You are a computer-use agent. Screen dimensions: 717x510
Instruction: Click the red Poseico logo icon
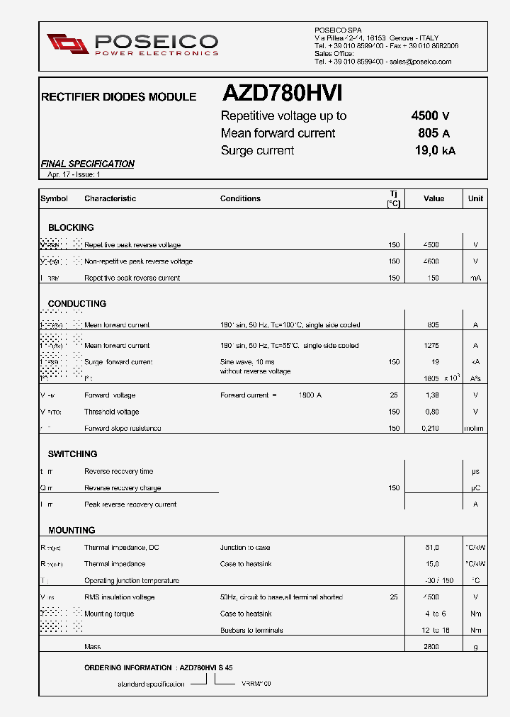[67, 44]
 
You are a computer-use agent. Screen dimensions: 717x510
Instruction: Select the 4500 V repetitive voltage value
[430, 116]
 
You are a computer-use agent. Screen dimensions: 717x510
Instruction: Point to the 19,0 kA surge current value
[434, 150]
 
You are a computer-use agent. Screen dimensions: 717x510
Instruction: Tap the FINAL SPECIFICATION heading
[88, 164]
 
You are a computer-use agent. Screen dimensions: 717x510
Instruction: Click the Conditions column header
[240, 198]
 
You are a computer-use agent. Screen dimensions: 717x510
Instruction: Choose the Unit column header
[475, 198]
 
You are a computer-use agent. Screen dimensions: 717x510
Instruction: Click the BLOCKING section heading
[71, 227]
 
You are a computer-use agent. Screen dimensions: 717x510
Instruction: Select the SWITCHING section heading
[72, 453]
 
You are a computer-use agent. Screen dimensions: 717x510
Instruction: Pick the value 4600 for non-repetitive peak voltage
[431, 261]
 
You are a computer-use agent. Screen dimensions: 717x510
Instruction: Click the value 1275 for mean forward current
[431, 346]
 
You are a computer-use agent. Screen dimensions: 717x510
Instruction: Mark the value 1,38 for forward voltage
[431, 395]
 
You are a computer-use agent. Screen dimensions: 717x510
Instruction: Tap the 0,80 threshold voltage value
[431, 412]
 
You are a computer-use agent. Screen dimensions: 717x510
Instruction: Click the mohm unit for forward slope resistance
[475, 428]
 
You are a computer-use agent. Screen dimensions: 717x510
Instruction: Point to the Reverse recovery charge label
[123, 488]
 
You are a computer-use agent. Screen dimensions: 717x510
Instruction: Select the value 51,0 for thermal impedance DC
[432, 548]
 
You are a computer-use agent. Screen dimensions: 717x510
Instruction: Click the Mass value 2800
[431, 647]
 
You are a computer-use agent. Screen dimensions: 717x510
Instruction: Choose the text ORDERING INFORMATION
[127, 667]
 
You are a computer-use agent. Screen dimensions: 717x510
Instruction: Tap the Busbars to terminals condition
[251, 631]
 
